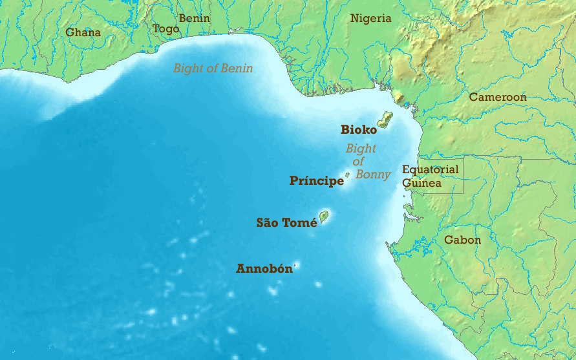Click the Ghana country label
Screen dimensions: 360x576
pyautogui.click(x=83, y=32)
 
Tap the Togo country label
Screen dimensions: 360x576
pyautogui.click(x=165, y=29)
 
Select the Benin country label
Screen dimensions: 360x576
pyautogui.click(x=194, y=18)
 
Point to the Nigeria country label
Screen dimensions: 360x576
pyautogui.click(x=370, y=18)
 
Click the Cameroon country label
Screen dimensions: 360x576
pyautogui.click(x=497, y=97)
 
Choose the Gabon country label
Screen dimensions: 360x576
pyautogui.click(x=462, y=240)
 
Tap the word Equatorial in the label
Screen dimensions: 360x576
pyautogui.click(x=430, y=169)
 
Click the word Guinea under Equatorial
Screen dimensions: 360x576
pyautogui.click(x=421, y=183)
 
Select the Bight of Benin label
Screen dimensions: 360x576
pyautogui.click(x=213, y=68)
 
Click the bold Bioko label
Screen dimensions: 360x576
pyautogui.click(x=359, y=130)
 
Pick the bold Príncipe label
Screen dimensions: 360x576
pyautogui.click(x=316, y=181)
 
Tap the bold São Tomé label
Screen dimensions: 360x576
pyautogui.click(x=286, y=222)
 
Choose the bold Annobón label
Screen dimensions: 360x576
pyautogui.click(x=264, y=268)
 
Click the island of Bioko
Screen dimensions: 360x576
pyautogui.click(x=385, y=120)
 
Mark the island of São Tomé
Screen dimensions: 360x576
pyautogui.click(x=324, y=217)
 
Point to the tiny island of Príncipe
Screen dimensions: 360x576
pyautogui.click(x=348, y=175)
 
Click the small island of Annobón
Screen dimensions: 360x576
pyautogui.click(x=297, y=264)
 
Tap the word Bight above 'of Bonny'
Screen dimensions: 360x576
pyautogui.click(x=360, y=149)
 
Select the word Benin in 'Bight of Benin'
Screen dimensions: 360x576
pyautogui.click(x=236, y=68)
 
